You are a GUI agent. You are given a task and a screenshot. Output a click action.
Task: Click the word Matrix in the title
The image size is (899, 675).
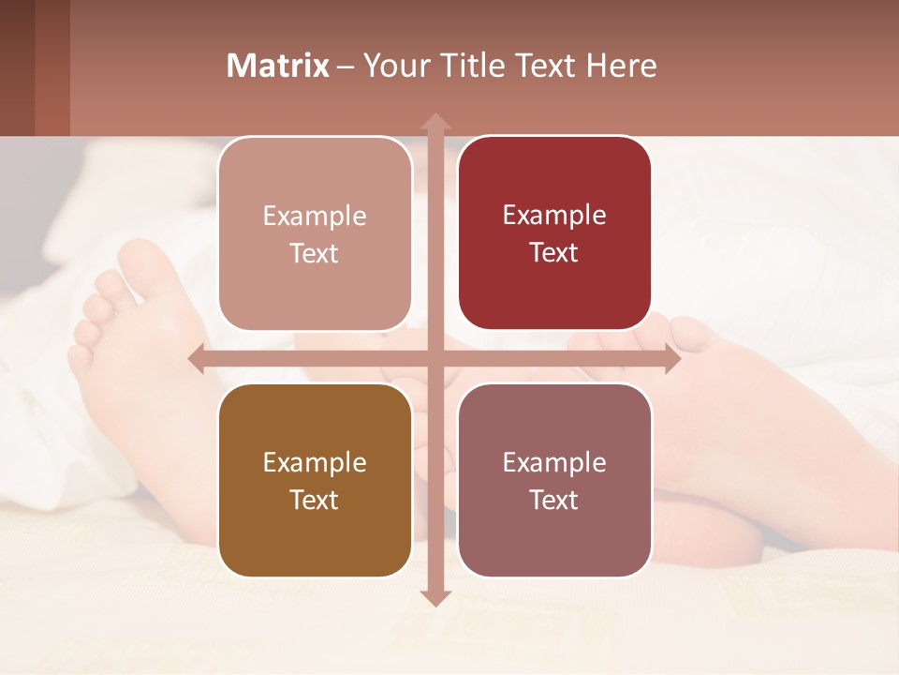click(x=278, y=66)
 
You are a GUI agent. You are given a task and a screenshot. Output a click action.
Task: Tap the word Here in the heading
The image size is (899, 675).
click(x=621, y=66)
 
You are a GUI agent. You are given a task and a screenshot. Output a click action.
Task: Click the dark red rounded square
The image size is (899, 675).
click(x=554, y=232)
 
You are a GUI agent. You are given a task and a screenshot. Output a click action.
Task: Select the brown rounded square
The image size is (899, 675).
click(x=315, y=480)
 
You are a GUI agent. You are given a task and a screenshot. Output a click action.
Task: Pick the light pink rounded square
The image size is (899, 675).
click(x=315, y=232)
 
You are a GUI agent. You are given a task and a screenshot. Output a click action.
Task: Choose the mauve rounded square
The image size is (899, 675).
click(x=554, y=480)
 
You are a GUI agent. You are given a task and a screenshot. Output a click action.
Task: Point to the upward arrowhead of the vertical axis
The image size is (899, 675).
click(x=435, y=122)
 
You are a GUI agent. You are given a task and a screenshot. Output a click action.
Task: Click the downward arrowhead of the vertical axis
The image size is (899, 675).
click(x=435, y=597)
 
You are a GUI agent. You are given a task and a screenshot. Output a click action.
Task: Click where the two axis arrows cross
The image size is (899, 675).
click(x=435, y=359)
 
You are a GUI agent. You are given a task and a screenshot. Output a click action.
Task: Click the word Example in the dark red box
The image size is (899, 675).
click(x=554, y=215)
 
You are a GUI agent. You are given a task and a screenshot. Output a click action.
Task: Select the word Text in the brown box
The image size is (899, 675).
click(x=315, y=500)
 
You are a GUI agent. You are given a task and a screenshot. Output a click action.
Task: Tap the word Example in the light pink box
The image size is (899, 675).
click(x=315, y=216)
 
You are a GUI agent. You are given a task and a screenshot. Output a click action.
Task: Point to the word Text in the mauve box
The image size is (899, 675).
click(x=554, y=500)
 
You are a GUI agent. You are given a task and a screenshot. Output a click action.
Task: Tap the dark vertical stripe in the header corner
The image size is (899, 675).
click(x=52, y=67)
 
